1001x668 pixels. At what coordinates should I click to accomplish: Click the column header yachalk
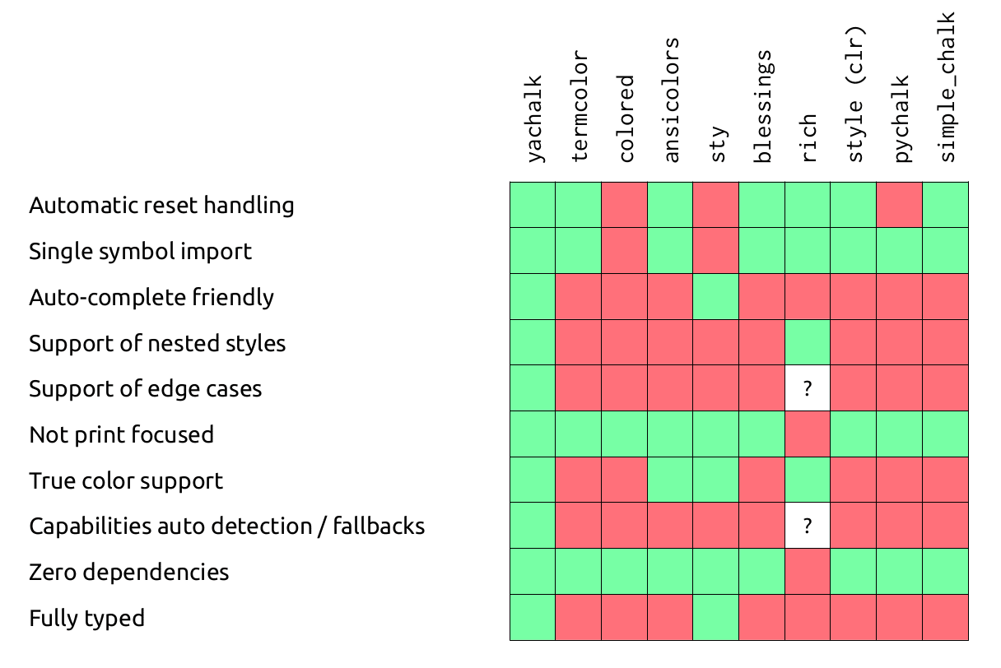click(x=534, y=118)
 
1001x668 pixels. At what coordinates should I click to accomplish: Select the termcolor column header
click(x=580, y=105)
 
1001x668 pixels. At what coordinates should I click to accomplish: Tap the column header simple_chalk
click(x=947, y=86)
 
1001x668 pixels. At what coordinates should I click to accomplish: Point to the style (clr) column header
click(x=855, y=95)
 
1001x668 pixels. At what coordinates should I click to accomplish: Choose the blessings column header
click(x=763, y=105)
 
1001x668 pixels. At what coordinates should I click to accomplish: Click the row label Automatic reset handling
click(x=161, y=205)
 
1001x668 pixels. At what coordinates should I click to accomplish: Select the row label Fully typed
click(x=86, y=618)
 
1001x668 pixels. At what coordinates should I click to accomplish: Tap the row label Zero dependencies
click(x=128, y=572)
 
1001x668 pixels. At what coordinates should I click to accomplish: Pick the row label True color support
click(x=126, y=480)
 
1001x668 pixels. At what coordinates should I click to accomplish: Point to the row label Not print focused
click(x=121, y=434)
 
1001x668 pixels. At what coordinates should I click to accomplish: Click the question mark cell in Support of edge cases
click(x=808, y=388)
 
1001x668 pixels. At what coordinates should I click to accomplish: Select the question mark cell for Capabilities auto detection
click(x=808, y=527)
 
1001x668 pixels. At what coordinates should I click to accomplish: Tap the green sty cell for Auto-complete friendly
click(x=716, y=297)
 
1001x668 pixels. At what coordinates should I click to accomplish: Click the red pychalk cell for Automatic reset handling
click(x=900, y=205)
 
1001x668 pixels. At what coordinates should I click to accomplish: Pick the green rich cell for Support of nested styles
click(x=808, y=342)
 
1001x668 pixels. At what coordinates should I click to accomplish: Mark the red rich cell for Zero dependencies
click(x=808, y=572)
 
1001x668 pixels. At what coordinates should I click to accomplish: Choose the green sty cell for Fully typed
click(x=716, y=618)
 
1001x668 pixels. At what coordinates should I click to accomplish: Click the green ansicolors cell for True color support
click(x=670, y=480)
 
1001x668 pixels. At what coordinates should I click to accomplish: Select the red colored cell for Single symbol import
click(x=625, y=251)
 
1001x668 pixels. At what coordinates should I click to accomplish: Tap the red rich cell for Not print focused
click(x=808, y=434)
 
